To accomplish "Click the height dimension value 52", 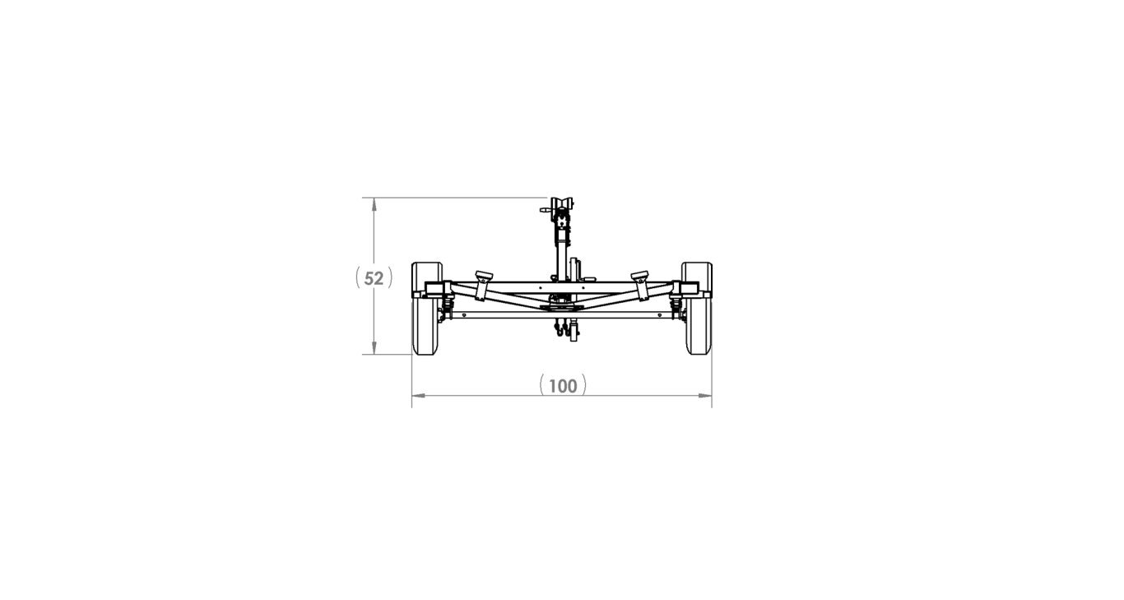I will click(x=374, y=278).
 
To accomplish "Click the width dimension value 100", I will click(x=563, y=385).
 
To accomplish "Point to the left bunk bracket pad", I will click(x=483, y=276).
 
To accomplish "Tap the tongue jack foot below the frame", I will click(x=574, y=333).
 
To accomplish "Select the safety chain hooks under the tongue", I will click(x=560, y=330).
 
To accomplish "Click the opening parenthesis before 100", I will click(x=542, y=384).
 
